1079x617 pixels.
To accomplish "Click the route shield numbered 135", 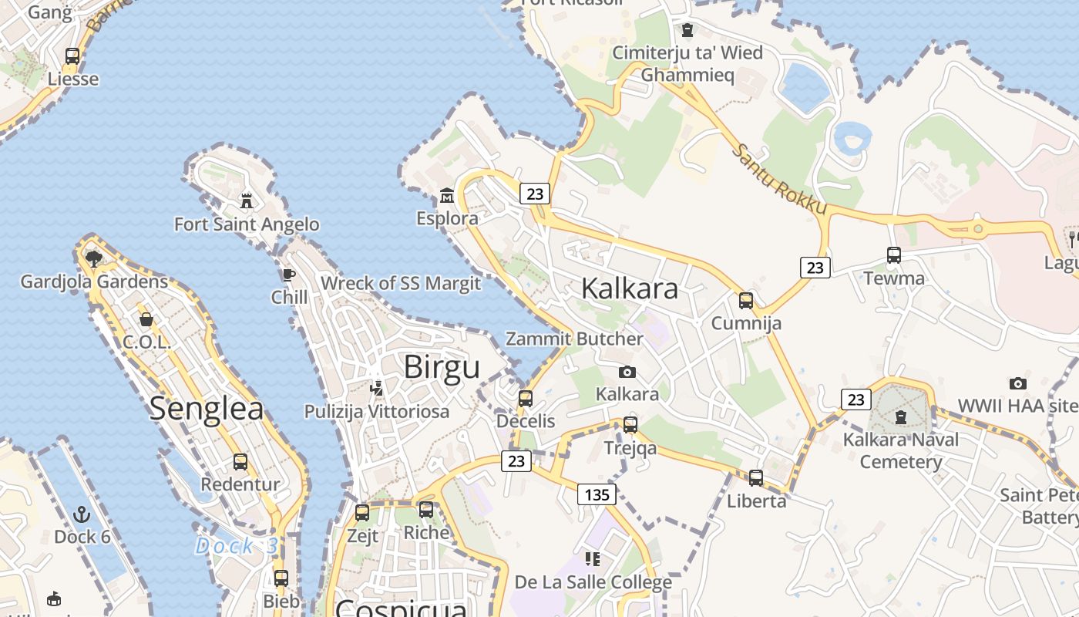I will point(597,494).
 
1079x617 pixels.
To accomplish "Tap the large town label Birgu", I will point(442,367).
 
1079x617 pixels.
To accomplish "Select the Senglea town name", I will point(207,409).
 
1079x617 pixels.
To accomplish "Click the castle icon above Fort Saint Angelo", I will point(247,201).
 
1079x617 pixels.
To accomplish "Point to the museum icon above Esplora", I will point(447,195).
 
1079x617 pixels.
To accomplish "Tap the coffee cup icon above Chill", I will point(289,275).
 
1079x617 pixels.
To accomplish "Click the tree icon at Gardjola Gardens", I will point(94,258).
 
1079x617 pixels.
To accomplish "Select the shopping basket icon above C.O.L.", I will point(146,319).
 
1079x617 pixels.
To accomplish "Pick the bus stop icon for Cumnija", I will point(746,300).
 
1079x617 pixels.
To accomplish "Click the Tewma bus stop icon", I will point(894,255).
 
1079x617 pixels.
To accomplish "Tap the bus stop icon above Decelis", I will point(526,398).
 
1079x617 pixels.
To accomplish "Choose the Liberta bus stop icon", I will point(756,477).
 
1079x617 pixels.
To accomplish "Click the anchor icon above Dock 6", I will point(82,514).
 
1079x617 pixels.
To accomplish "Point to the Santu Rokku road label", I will point(779,180).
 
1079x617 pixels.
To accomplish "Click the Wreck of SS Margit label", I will point(401,283).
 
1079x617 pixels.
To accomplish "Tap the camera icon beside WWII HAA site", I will point(1018,383).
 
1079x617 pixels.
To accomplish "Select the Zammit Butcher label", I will point(573,339).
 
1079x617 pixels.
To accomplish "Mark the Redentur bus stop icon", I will point(240,461).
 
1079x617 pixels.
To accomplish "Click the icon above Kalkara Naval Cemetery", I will point(900,417).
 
